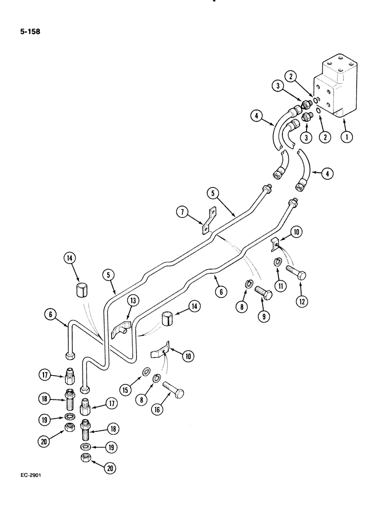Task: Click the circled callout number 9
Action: pos(262,318)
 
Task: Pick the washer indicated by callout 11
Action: pos(277,262)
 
